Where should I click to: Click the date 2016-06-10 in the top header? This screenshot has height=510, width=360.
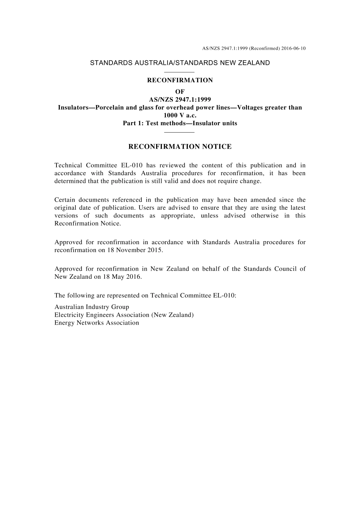294,49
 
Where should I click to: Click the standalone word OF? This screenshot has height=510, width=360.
180,92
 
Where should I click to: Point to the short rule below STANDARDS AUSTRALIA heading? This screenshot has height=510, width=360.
180,72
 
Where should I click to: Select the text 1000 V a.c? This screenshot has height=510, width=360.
180,115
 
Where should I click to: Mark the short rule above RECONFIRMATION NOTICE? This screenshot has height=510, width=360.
180,132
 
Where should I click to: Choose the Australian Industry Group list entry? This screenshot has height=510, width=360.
92,307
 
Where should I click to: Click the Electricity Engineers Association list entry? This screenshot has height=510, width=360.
124,315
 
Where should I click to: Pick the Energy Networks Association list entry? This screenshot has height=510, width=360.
97,323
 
